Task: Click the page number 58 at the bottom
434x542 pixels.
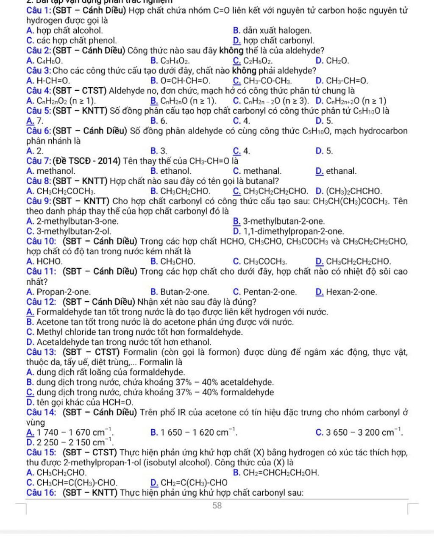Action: (217, 505)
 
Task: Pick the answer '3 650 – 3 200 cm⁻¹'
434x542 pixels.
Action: (364, 432)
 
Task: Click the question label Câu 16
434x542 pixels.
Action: (42, 492)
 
